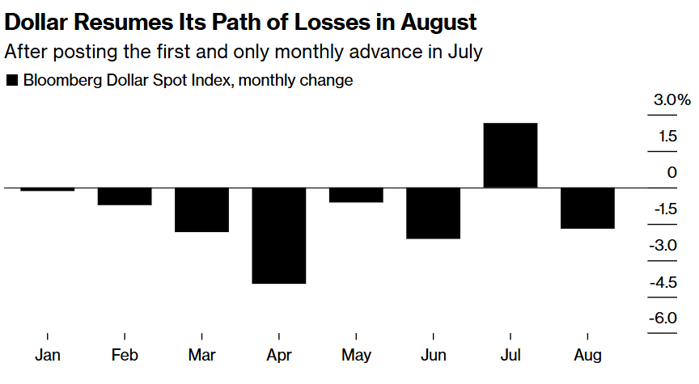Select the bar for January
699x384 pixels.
pyautogui.click(x=48, y=189)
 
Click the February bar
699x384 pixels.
pyautogui.click(x=125, y=196)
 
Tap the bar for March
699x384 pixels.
pyautogui.click(x=201, y=209)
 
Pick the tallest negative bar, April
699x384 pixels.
pyautogui.click(x=279, y=235)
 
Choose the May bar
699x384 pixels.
pyautogui.click(x=356, y=195)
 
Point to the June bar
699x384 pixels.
pyautogui.click(x=433, y=213)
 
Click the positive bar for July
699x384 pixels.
pyautogui.click(x=510, y=155)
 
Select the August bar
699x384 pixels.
pyautogui.click(x=587, y=208)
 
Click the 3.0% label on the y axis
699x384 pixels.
pyautogui.click(x=672, y=101)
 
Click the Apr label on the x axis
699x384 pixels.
pyautogui.click(x=279, y=356)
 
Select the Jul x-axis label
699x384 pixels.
pyautogui.click(x=510, y=356)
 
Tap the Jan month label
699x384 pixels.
pyautogui.click(x=48, y=356)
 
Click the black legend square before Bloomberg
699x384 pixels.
pyautogui.click(x=11, y=81)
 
